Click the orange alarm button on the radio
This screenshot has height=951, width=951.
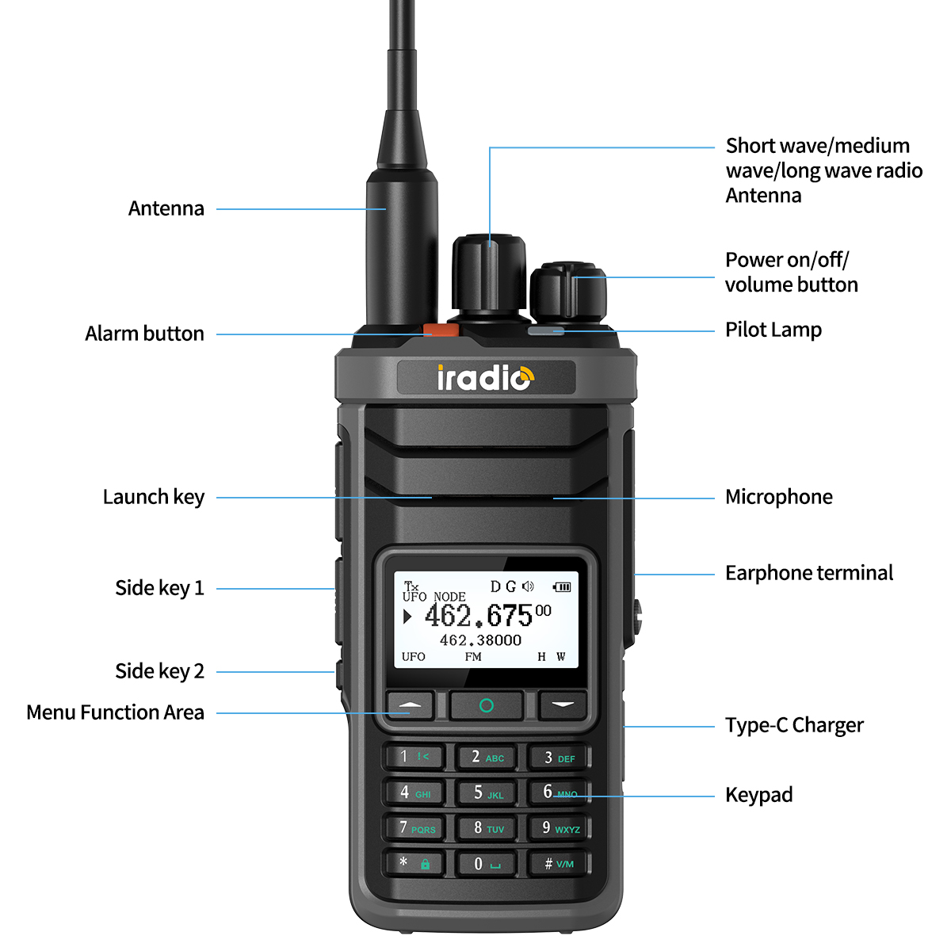(440, 330)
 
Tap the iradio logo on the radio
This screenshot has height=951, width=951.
(486, 378)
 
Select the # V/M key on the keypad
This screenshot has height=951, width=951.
(560, 863)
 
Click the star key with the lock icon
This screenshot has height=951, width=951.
(414, 862)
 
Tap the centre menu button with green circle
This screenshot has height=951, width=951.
(487, 705)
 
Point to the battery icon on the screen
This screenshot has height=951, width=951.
(562, 586)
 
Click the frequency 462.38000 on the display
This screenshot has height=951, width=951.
(480, 640)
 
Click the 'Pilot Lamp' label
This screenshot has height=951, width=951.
(773, 330)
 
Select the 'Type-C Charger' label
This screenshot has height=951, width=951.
(794, 725)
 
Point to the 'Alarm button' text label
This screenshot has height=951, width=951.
(144, 334)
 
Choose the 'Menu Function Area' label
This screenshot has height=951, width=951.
(115, 712)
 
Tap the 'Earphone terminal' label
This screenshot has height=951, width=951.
(808, 573)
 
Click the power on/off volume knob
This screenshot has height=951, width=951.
(568, 292)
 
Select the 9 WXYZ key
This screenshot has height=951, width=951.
(560, 828)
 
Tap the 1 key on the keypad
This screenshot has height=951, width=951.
(414, 757)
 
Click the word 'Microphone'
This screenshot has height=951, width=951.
(778, 497)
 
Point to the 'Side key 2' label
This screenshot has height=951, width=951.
(159, 671)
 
